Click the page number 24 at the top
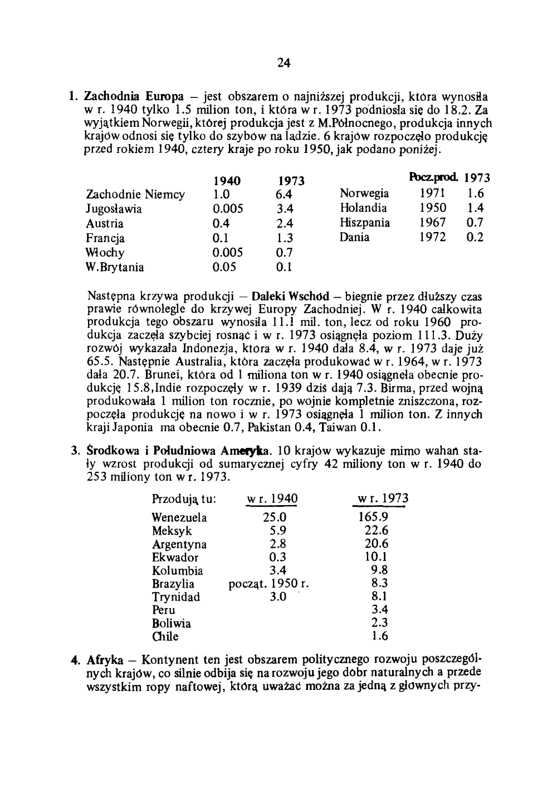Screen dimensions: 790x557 (x=284, y=63)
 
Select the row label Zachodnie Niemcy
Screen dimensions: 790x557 (x=135, y=195)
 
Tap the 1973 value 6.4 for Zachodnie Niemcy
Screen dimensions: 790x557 (x=284, y=195)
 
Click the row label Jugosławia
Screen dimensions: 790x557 (x=114, y=209)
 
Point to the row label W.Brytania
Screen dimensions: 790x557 (x=115, y=267)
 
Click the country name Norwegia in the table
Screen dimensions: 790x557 (x=364, y=194)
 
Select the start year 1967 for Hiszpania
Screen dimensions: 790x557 (x=432, y=223)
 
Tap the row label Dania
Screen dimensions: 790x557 (x=354, y=237)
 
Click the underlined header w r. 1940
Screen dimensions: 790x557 (x=273, y=498)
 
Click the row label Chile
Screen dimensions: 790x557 (x=165, y=636)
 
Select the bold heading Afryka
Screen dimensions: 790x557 (x=105, y=660)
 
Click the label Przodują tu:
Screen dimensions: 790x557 (x=184, y=499)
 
